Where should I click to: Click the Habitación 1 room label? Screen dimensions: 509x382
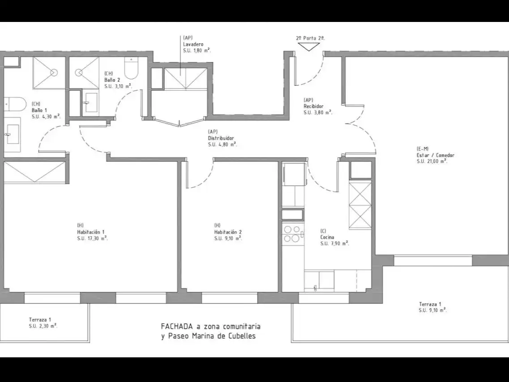tap(90, 232)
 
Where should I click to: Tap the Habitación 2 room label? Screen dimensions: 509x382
tap(228, 232)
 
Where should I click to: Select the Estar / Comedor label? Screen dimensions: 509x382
tap(436, 155)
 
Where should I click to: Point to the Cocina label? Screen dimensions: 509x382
tap(327, 237)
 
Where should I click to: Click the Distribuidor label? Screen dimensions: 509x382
tap(221, 138)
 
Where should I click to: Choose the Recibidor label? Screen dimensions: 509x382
tap(313, 106)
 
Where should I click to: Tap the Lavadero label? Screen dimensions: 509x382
tap(193, 44)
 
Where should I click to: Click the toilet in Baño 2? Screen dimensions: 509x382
tap(132, 68)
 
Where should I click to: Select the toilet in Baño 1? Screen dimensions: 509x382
tap(15, 103)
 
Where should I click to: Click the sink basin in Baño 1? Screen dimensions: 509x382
tap(13, 135)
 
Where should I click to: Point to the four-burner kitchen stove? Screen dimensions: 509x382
tap(292, 234)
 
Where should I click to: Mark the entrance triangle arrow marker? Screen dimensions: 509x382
tap(309, 47)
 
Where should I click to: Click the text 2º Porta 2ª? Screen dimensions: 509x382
tap(310, 38)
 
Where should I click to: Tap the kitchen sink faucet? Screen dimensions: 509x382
tap(315, 288)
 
